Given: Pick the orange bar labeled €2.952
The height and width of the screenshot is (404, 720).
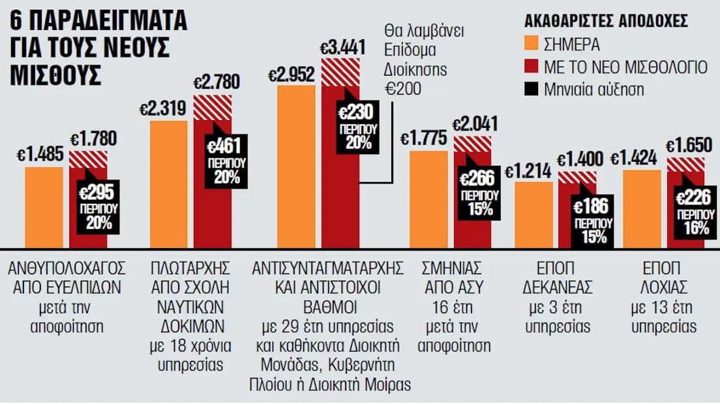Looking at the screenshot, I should [296, 166].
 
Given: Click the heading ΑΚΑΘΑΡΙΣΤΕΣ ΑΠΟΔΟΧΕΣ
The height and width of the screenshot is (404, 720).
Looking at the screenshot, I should [606, 20].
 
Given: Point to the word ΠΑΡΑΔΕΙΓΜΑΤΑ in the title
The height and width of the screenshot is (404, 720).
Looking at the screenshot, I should [109, 20].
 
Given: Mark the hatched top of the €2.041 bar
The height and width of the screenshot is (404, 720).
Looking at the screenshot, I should [472, 145].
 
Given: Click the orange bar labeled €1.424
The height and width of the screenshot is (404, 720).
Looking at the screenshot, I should [642, 209].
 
